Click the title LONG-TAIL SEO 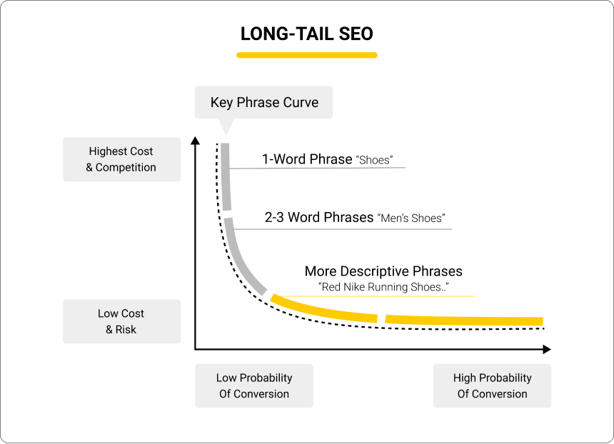306,34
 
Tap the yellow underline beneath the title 306,55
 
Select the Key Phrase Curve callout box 263,102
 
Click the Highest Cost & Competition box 122,159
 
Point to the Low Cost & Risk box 122,321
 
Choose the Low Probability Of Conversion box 254,385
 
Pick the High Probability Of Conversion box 492,385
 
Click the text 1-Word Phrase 307,159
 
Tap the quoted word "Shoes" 374,160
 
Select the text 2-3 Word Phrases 318,217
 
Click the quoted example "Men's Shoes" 411,218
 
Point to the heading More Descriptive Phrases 383,271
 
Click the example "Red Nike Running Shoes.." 383,287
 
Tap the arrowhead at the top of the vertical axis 195,141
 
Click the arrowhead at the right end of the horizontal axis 547,349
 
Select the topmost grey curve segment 226,176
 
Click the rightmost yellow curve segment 464,321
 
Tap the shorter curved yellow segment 323,310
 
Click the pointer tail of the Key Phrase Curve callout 226,126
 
